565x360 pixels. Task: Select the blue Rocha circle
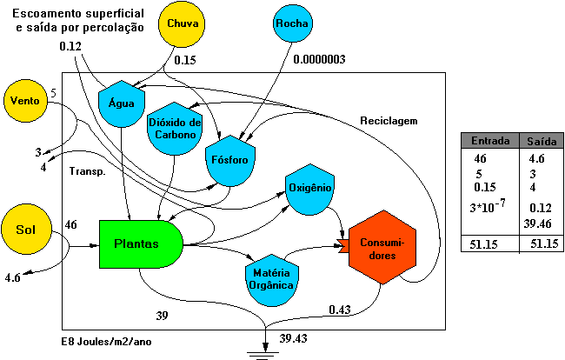294,24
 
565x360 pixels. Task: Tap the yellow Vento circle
25,101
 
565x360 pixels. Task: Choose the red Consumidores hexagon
383,251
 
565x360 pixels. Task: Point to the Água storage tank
121,101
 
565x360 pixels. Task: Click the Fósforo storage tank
231,161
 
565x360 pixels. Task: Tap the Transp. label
87,171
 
